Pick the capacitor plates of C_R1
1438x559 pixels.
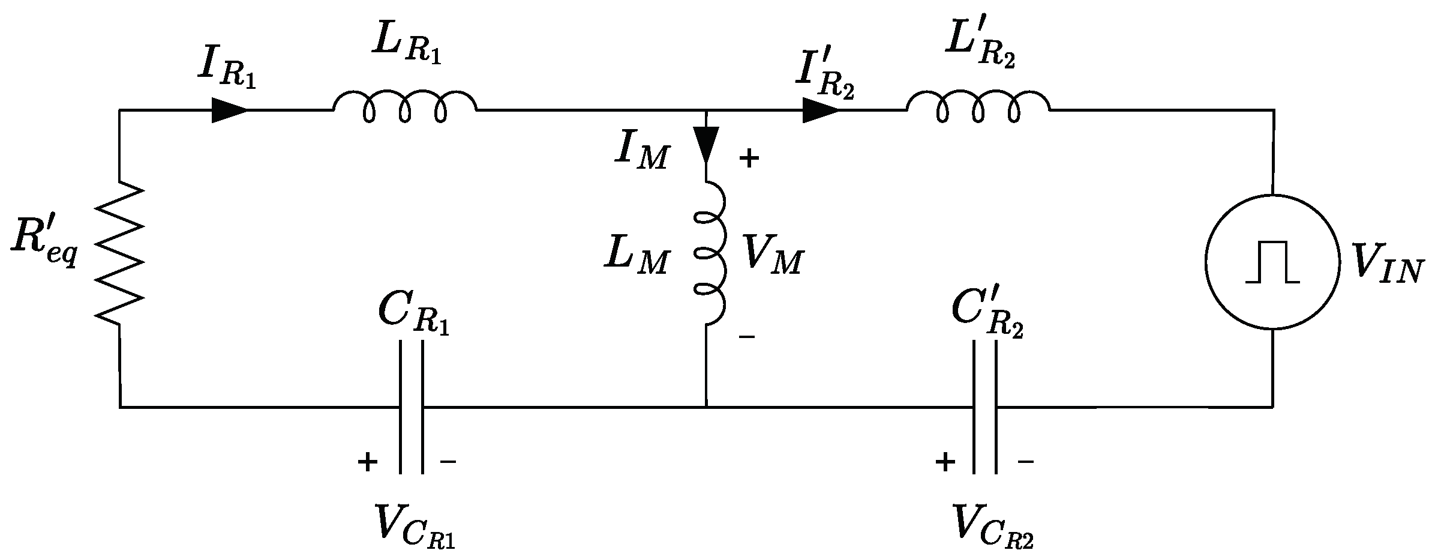412,408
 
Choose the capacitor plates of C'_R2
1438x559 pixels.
984,408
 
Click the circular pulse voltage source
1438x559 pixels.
1272,262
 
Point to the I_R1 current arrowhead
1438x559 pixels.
230,110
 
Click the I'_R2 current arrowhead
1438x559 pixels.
821,110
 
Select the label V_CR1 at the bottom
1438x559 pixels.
414,527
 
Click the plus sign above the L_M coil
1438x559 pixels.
749,159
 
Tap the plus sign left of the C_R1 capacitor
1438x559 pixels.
367,462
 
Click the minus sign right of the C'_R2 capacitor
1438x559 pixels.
1025,462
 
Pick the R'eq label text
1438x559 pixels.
44,247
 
